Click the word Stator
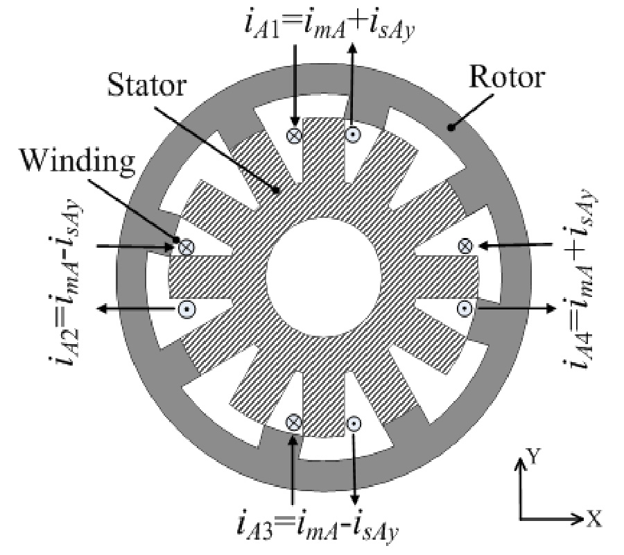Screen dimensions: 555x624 [147, 87]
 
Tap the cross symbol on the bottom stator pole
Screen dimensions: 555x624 [294, 422]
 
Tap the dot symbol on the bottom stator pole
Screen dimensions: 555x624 [354, 422]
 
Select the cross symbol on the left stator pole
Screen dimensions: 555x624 [186, 246]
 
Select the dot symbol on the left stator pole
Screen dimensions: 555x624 [185, 310]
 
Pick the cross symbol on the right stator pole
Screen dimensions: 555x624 [466, 245]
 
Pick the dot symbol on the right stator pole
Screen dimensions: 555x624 [466, 307]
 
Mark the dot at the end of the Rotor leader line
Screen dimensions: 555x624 [451, 127]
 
